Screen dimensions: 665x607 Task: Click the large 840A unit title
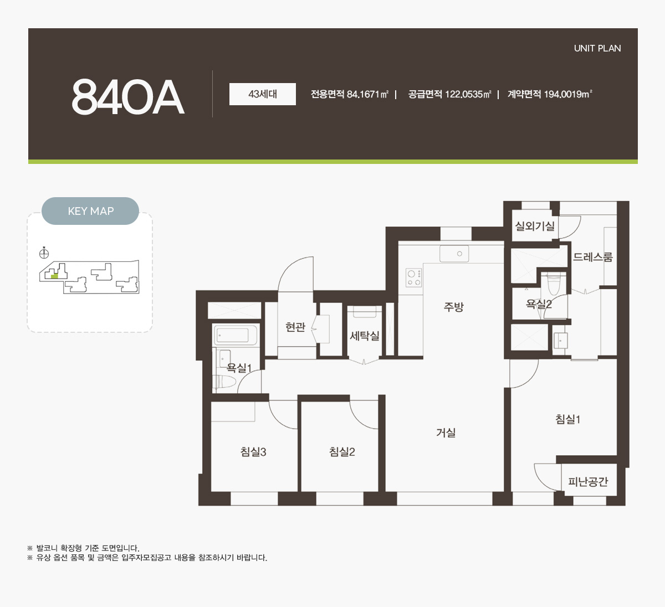(x=128, y=97)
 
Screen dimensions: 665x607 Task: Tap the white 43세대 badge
(x=263, y=94)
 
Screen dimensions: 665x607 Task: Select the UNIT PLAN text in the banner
(x=597, y=48)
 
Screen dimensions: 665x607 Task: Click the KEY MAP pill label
(x=90, y=211)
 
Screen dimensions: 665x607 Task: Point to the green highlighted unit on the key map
(x=54, y=276)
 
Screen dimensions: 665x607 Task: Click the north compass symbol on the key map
(x=44, y=254)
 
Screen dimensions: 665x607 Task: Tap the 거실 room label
(x=446, y=433)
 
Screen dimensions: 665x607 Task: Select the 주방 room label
(x=453, y=307)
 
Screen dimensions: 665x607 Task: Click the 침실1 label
(x=568, y=419)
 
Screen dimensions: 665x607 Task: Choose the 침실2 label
(x=342, y=451)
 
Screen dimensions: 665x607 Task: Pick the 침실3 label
(x=253, y=451)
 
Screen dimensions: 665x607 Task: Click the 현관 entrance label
(x=295, y=327)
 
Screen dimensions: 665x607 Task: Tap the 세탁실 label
(x=365, y=336)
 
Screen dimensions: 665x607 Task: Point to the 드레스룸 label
(x=593, y=257)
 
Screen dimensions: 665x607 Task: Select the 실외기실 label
(x=535, y=227)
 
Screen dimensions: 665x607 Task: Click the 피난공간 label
(x=588, y=481)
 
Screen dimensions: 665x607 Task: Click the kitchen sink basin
(x=454, y=254)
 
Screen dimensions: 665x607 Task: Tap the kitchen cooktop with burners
(x=414, y=278)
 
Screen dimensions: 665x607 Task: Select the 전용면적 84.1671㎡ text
(x=350, y=95)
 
